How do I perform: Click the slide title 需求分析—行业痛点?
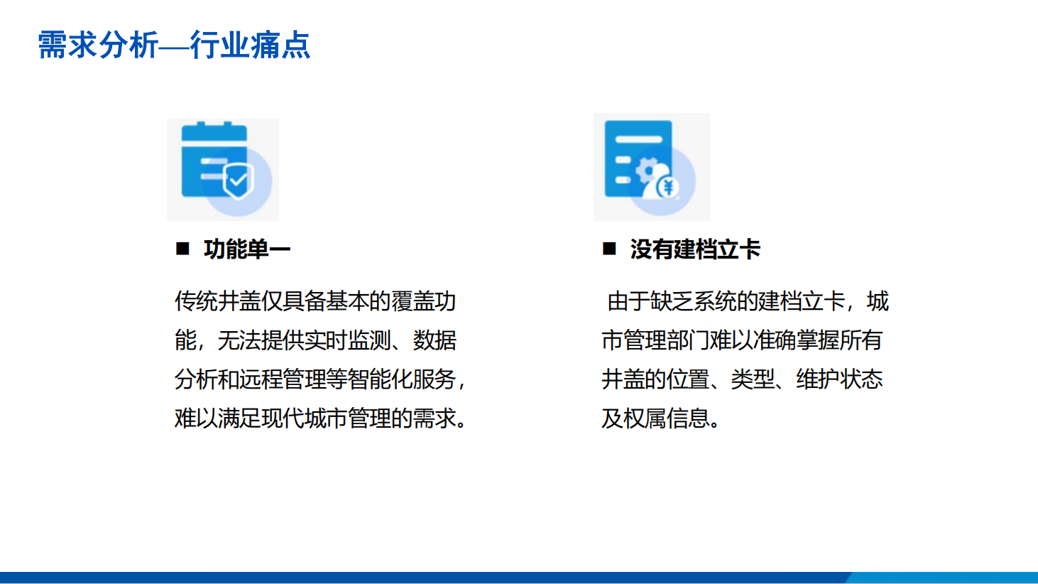pyautogui.click(x=174, y=45)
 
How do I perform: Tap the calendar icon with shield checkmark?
pyautogui.click(x=223, y=169)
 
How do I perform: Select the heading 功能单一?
pyautogui.click(x=247, y=249)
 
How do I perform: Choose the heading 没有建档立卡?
pyautogui.click(x=695, y=249)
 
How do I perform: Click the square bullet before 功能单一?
pyautogui.click(x=182, y=249)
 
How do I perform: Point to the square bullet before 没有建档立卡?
pyautogui.click(x=609, y=249)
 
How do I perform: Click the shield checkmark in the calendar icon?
pyautogui.click(x=238, y=180)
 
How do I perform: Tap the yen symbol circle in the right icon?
pyautogui.click(x=669, y=188)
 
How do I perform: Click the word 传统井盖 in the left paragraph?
pyautogui.click(x=217, y=301)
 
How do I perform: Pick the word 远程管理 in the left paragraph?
pyautogui.click(x=282, y=379)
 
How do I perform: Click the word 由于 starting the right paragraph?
pyautogui.click(x=629, y=301)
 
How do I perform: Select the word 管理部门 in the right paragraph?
pyautogui.click(x=667, y=340)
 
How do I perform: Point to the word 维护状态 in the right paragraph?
pyautogui.click(x=839, y=379)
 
